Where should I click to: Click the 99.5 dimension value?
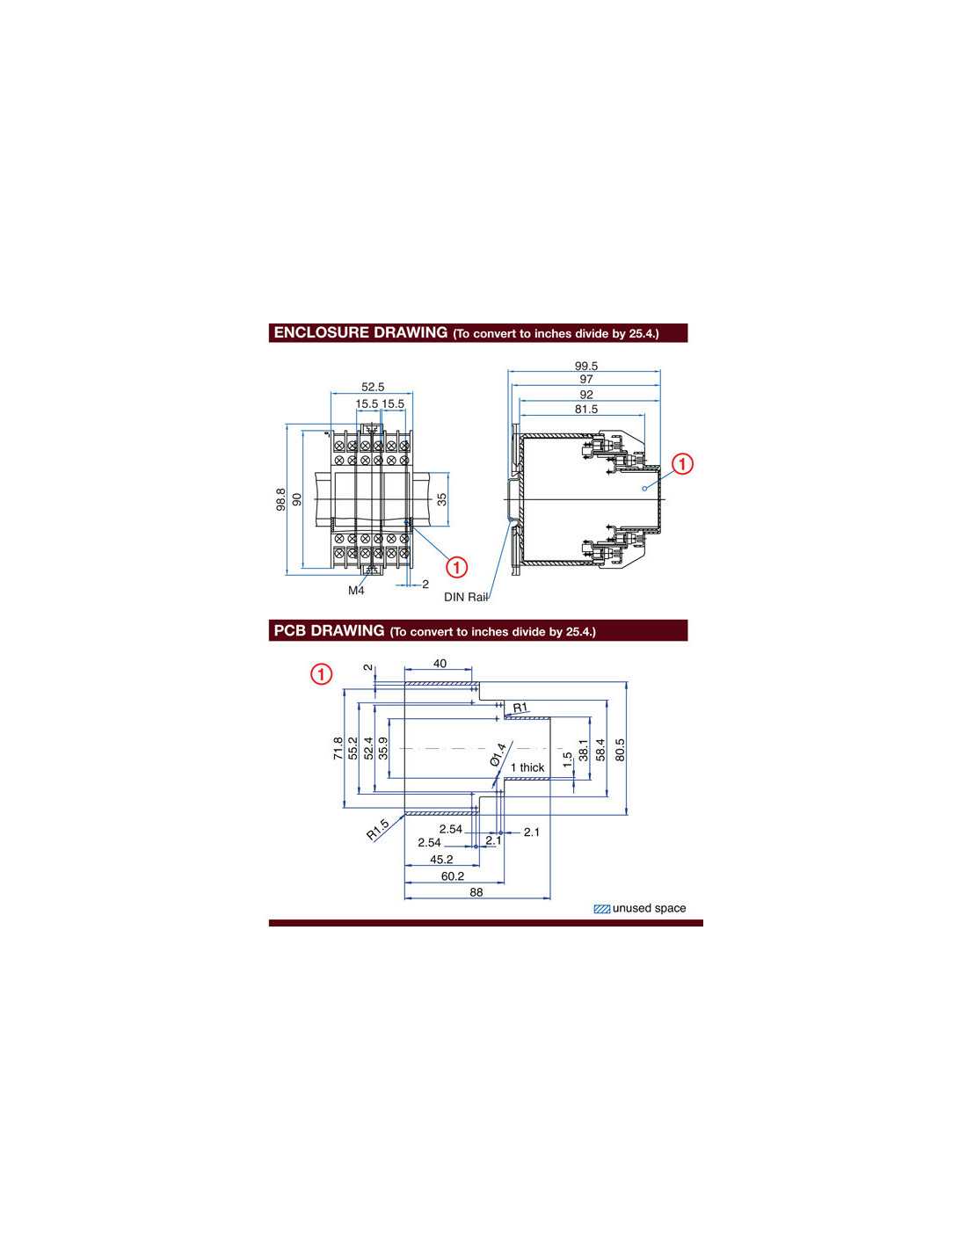586,366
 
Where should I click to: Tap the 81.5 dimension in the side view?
586,409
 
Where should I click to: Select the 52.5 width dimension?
373,387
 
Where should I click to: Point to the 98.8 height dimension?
280,498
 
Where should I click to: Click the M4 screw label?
356,590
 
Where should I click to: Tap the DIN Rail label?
466,597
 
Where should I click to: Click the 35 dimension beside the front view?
442,498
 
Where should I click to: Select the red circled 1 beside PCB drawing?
322,673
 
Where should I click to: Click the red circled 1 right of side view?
682,463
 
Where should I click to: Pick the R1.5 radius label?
378,829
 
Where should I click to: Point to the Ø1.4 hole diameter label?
498,754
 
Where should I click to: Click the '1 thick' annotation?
527,767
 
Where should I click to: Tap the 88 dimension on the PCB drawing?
476,892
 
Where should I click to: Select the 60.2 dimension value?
452,876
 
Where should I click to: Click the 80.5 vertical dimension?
620,750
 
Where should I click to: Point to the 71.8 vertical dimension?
338,748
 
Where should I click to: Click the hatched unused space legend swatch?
601,909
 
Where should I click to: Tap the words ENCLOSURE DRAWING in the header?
360,332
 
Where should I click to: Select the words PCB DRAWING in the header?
329,630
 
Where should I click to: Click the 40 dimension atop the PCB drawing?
440,664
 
